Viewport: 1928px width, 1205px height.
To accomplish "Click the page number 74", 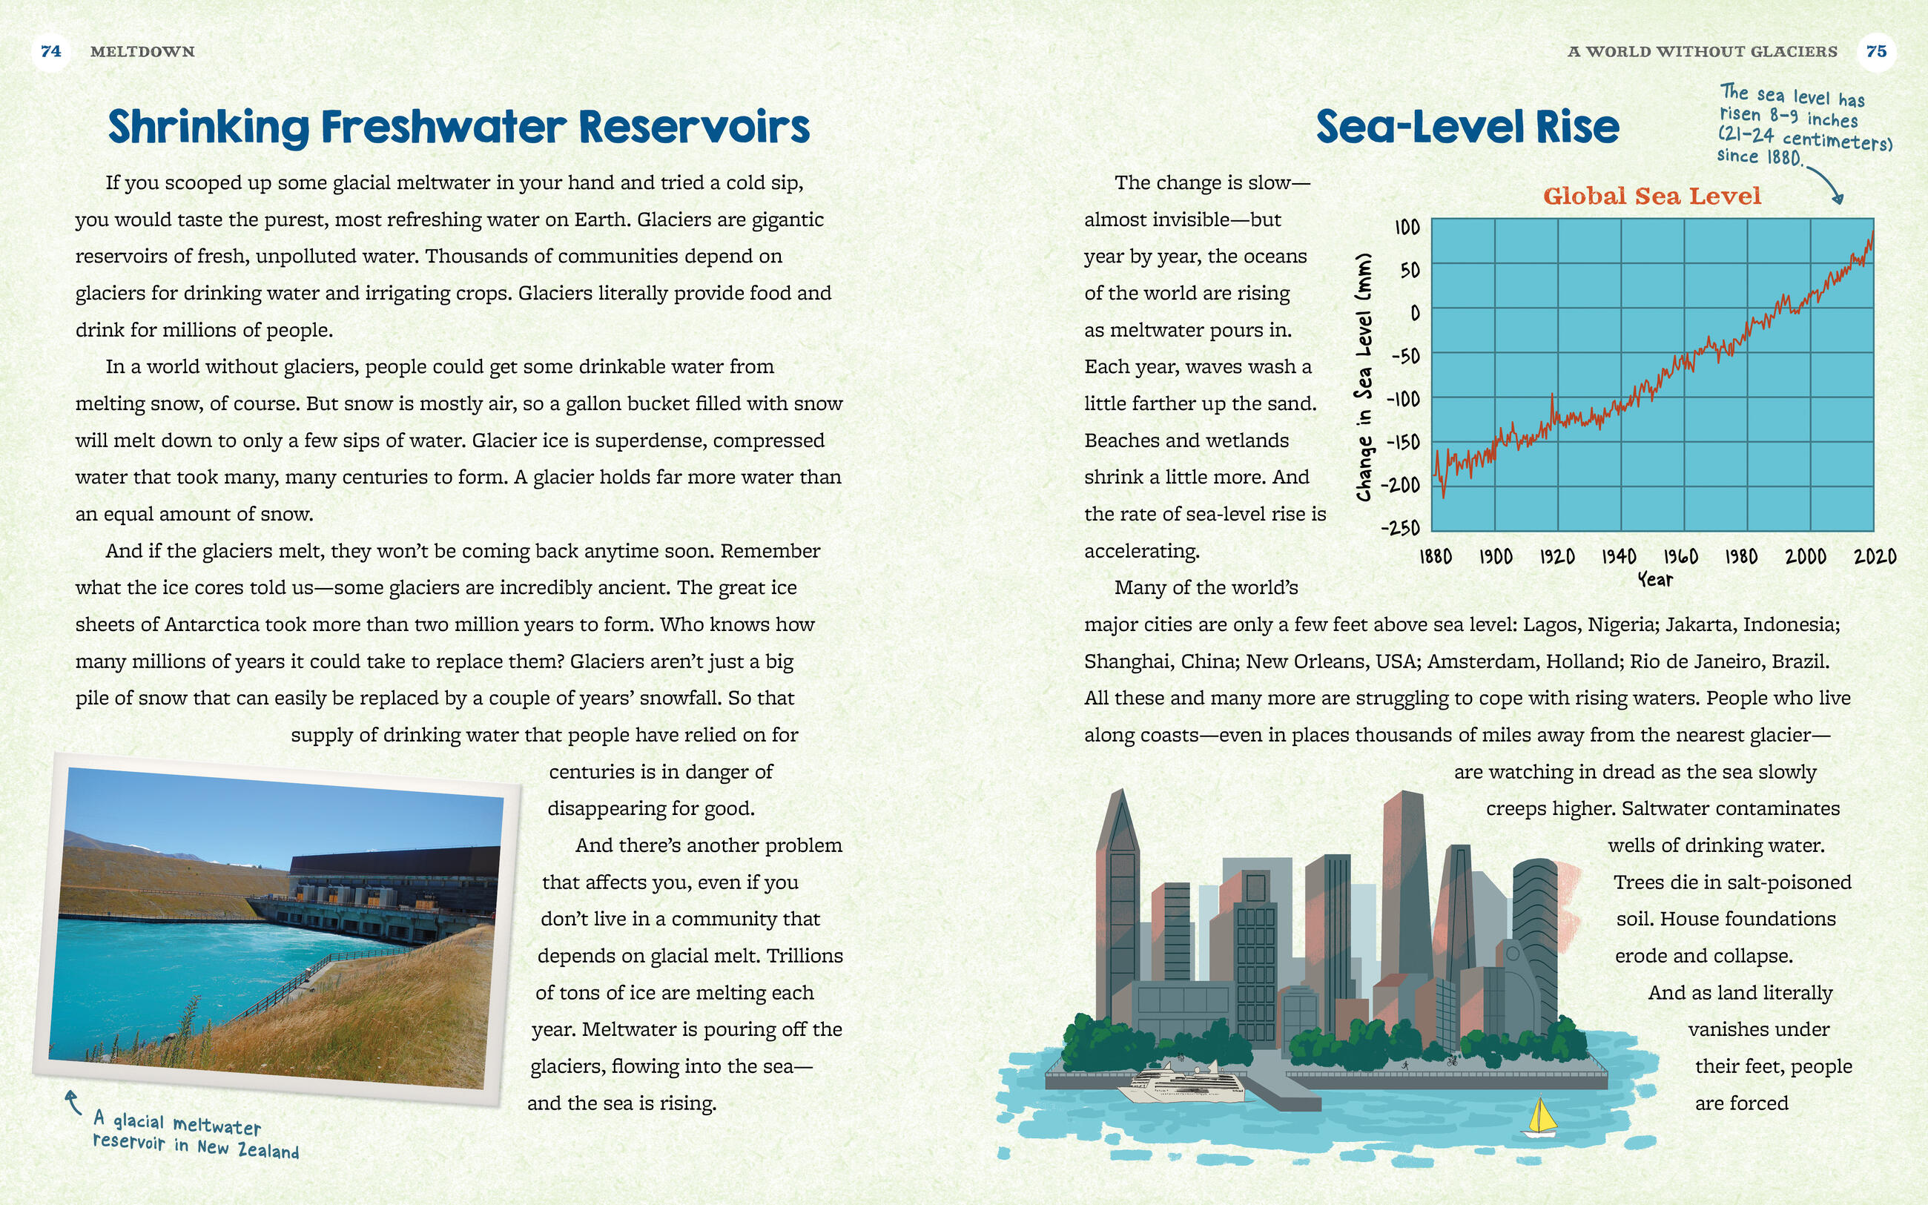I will [51, 52].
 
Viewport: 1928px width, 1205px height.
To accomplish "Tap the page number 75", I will [1876, 52].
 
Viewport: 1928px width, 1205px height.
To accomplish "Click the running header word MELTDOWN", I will [142, 52].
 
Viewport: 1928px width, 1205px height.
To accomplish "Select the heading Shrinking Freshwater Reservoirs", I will [459, 127].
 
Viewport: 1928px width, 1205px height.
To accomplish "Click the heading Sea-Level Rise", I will [1468, 127].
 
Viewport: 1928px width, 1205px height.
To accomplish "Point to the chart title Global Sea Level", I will [1651, 196].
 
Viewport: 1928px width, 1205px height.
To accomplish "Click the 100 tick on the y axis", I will [1407, 228].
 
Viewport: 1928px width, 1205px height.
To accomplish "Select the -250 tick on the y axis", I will [1401, 527].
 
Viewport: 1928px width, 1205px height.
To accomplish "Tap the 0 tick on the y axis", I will [1415, 313].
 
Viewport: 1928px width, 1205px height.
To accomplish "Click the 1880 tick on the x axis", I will [1435, 556].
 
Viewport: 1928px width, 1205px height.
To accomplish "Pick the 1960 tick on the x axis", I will [1680, 556].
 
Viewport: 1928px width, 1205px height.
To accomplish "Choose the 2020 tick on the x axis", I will [1875, 556].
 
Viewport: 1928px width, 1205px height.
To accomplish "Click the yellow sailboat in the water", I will [1541, 1117].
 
